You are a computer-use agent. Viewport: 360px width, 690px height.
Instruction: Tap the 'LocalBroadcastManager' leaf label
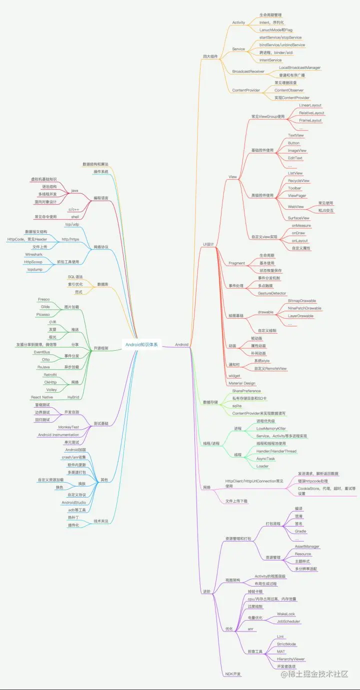299,67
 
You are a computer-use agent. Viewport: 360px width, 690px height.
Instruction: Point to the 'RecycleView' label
298,181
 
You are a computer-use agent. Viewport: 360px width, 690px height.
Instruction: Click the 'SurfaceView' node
298,218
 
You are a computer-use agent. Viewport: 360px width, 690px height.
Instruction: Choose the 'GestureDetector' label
272,293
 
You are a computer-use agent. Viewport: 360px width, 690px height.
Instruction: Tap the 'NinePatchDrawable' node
304,308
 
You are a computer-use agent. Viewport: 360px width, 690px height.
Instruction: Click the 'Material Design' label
242,383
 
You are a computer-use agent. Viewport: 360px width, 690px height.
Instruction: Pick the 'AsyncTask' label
265,459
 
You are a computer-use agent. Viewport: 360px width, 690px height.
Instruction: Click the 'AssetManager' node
307,547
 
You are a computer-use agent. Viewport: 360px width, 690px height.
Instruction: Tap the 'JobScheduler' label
288,622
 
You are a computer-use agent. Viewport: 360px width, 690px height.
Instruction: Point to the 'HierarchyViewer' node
291,659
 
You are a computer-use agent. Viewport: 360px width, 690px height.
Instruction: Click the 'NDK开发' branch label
233,674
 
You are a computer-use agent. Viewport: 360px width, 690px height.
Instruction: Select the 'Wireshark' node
34,254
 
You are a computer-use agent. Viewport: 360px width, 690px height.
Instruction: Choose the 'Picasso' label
42,315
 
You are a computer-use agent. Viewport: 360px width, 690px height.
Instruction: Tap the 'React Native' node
42,397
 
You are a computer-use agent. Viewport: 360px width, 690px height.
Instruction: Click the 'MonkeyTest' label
68,427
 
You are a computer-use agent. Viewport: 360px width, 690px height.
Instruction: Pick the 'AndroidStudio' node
74,502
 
